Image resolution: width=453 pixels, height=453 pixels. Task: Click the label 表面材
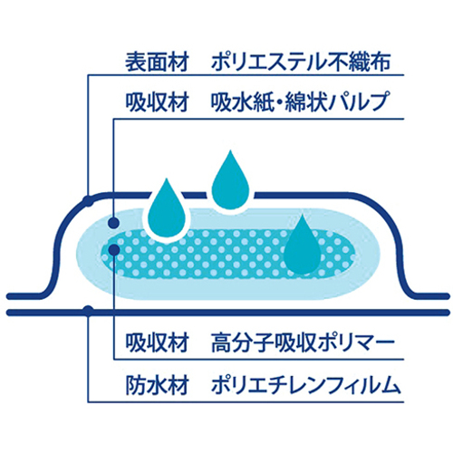pos(157,63)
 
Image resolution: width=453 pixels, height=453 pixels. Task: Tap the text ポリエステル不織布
pos(301,63)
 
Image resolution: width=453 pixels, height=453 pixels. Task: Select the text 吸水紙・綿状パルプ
pos(299,102)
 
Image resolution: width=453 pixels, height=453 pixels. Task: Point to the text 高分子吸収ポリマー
pos(303,343)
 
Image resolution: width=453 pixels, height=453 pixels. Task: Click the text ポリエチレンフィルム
pos(305,385)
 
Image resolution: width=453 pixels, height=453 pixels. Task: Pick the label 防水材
pos(157,385)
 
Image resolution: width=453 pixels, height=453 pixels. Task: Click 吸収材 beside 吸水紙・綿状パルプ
pos(157,102)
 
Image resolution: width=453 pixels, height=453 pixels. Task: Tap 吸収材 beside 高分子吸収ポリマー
pos(157,343)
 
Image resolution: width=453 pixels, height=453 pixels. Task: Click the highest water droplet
pos(231,183)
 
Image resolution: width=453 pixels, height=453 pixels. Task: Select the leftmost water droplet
pos(167,210)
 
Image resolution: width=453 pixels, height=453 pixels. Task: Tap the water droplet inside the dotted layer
pos(303,246)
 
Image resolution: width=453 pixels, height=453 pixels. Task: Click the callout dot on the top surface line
pos(89,201)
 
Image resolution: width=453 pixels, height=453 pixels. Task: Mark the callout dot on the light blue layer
pos(113,223)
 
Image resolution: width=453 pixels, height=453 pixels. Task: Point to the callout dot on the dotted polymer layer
pos(113,249)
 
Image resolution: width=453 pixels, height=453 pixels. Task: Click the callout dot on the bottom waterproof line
pos(88,311)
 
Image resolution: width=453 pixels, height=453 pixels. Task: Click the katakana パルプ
pos(359,102)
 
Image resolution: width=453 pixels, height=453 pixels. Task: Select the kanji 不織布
pos(360,63)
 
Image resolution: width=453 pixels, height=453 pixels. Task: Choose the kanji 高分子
pos(242,343)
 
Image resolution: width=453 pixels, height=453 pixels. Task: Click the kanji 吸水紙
pos(242,102)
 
